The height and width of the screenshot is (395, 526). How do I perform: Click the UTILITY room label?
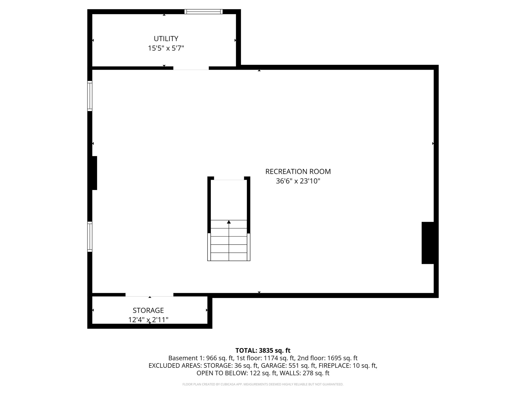click(x=166, y=39)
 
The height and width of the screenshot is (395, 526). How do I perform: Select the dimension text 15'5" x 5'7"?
click(x=166, y=48)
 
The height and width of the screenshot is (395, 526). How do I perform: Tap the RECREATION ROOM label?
click(x=298, y=172)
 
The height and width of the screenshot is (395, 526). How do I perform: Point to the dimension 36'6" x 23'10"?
click(x=298, y=181)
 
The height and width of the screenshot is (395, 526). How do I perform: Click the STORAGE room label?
click(x=148, y=310)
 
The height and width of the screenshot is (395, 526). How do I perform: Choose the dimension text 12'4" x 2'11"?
click(x=148, y=320)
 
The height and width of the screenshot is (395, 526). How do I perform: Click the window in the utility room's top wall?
click(x=203, y=12)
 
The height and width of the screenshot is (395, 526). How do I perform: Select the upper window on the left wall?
click(x=90, y=96)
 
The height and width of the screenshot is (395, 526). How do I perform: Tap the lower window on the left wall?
click(x=90, y=237)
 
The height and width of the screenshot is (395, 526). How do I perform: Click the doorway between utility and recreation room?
click(x=191, y=68)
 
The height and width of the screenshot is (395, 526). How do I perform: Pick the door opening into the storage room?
click(x=149, y=295)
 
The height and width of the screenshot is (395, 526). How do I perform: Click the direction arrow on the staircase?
click(x=229, y=222)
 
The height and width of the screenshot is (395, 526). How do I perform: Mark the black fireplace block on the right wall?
click(x=428, y=243)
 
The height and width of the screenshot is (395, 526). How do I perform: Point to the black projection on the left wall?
click(x=95, y=173)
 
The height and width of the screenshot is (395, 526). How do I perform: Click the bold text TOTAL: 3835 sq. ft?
click(x=263, y=351)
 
